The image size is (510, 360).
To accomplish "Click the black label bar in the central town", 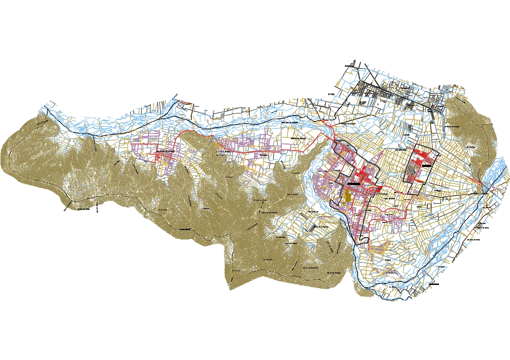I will (356, 183).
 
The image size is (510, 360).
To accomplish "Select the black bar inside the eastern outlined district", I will (426, 165).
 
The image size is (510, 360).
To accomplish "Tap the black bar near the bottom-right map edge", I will (434, 284).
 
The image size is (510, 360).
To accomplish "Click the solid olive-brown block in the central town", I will (347, 197).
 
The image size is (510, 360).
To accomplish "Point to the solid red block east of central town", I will (379, 189).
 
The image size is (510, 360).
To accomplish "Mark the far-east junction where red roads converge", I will (480, 182).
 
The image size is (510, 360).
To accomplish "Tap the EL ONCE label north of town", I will (332, 94).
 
